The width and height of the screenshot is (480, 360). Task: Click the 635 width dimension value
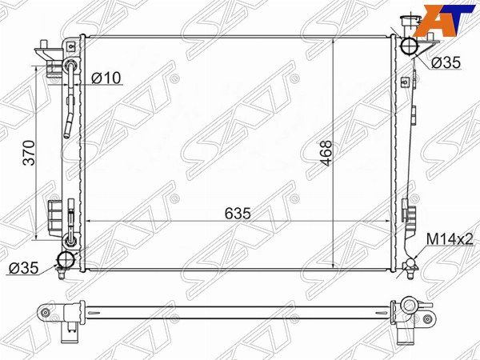[238, 214]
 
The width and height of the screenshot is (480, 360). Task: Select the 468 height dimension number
[327, 153]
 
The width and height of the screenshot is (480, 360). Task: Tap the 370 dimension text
[30, 153]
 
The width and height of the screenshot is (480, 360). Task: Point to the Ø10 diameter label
[106, 78]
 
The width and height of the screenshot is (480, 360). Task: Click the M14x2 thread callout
[450, 239]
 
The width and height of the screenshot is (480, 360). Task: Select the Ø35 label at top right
[446, 62]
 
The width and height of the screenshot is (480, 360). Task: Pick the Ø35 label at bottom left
[24, 268]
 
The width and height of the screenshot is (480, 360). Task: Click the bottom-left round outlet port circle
[66, 259]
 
